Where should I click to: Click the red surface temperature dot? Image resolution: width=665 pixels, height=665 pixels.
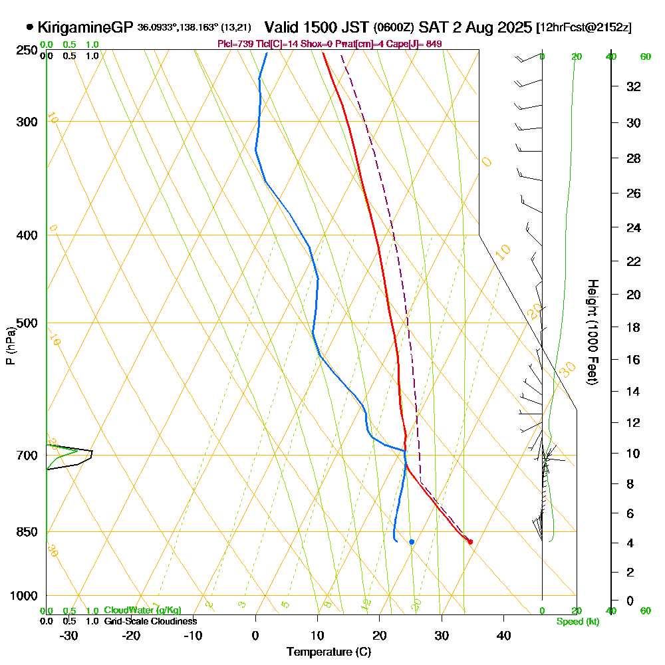coord(470,542)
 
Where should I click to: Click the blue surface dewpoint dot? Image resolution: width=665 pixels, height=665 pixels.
coord(412,542)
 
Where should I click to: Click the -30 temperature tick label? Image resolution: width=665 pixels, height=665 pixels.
coord(69,635)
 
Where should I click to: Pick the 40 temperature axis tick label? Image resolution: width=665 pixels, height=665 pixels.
coord(503,635)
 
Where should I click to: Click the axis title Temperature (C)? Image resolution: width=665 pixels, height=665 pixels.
coord(329,652)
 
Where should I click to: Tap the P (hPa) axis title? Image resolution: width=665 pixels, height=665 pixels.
coord(10,346)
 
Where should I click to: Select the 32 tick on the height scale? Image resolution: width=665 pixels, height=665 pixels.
coord(634,86)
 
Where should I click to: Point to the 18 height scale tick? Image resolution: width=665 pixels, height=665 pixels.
coord(634,327)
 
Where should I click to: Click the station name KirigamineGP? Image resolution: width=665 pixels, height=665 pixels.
coord(86,28)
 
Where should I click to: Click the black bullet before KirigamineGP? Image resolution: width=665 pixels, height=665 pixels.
coord(30,28)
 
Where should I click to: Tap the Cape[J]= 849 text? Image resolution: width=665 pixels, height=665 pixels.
coord(417,44)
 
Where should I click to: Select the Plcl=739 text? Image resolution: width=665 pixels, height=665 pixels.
coord(233,44)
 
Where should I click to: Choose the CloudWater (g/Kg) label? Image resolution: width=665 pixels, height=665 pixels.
coord(142,610)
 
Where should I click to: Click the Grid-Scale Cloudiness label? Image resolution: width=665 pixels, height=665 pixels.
coord(150,621)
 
